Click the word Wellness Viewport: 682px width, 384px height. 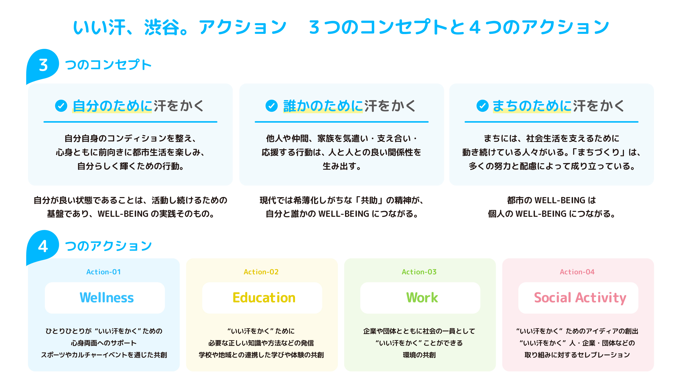(107, 297)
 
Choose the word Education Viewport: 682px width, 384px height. (264, 297)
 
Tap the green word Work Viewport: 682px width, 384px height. (422, 297)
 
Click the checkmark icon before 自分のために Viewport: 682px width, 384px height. (61, 106)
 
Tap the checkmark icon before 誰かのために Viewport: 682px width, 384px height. (272, 106)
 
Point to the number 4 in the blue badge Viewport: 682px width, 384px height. (43, 246)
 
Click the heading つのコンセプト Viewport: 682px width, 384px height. (108, 65)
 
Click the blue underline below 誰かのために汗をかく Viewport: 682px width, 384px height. (342, 122)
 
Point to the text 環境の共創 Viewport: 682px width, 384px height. (419, 355)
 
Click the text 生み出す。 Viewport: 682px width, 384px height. (342, 166)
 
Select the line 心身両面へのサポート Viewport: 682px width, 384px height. (104, 343)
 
